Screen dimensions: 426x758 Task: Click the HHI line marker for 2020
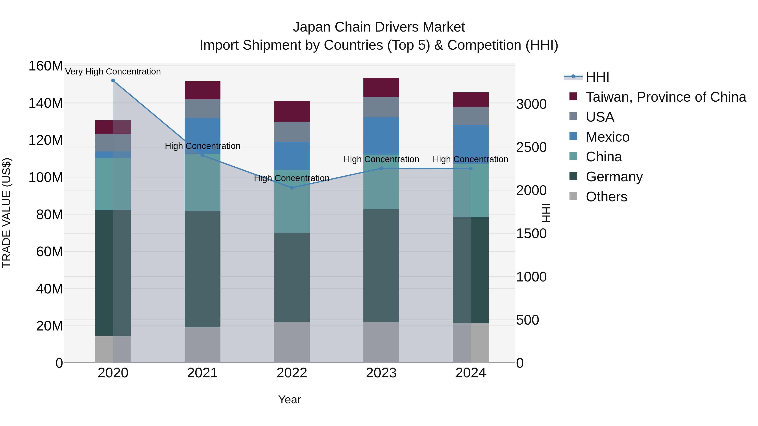click(x=113, y=81)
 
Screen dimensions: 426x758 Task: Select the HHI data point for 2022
click(x=292, y=188)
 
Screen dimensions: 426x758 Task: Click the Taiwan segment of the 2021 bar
click(x=202, y=90)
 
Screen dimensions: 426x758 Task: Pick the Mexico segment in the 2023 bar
click(x=381, y=136)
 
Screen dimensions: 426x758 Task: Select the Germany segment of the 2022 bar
click(x=292, y=277)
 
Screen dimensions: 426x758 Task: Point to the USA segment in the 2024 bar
click(x=471, y=116)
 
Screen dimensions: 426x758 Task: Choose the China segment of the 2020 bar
click(x=113, y=184)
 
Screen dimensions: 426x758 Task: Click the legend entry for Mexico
click(x=607, y=137)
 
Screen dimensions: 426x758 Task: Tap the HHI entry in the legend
click(x=597, y=77)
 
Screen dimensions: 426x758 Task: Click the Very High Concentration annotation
click(x=113, y=72)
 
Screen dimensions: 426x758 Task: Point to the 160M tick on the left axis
click(x=46, y=66)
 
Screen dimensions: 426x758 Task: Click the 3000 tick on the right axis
click(x=531, y=104)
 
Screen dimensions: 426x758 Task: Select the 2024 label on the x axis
click(x=471, y=373)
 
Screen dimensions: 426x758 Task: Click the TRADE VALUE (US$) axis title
click(x=7, y=213)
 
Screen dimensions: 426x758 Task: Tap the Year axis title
click(x=290, y=399)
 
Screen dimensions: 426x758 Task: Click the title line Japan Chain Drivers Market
click(x=379, y=27)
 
